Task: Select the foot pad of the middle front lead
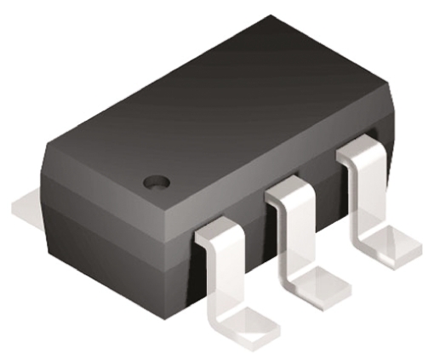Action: pyautogui.click(x=321, y=280)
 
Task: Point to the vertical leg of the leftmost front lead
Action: pyautogui.click(x=219, y=272)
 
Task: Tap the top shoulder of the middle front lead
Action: pyautogui.click(x=288, y=195)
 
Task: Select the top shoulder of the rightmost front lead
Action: pyautogui.click(x=357, y=156)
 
